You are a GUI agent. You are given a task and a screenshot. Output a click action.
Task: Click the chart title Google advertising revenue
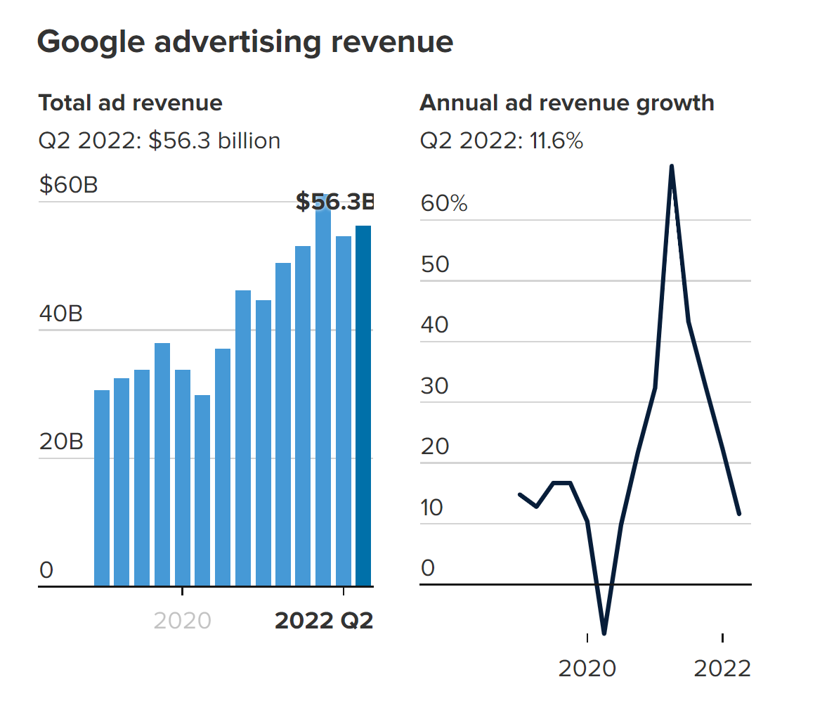(245, 42)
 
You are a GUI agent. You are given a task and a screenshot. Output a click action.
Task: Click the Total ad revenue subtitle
(130, 103)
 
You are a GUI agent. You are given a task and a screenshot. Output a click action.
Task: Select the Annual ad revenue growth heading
(566, 103)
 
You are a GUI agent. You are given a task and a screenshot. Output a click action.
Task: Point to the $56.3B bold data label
(334, 202)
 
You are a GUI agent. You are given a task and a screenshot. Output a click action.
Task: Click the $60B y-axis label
(68, 186)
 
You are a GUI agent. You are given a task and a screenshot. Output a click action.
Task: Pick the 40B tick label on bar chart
(60, 314)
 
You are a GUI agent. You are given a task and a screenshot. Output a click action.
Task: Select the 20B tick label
(60, 442)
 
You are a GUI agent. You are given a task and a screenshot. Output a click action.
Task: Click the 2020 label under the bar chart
(182, 621)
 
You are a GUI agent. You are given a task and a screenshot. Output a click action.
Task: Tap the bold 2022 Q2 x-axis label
(323, 621)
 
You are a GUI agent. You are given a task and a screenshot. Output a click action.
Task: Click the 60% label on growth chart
(444, 204)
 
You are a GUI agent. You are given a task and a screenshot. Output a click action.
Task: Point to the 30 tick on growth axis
(434, 386)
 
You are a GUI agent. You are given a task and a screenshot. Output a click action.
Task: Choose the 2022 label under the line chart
(722, 669)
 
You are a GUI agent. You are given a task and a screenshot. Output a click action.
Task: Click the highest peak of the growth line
(672, 167)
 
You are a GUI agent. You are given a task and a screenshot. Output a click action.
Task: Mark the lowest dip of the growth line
(604, 633)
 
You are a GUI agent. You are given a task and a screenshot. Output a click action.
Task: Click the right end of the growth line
(739, 514)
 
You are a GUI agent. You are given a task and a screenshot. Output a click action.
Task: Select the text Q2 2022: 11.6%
(501, 141)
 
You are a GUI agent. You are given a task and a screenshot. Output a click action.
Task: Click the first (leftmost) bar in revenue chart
(102, 488)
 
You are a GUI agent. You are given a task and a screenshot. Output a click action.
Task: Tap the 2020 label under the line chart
(587, 669)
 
